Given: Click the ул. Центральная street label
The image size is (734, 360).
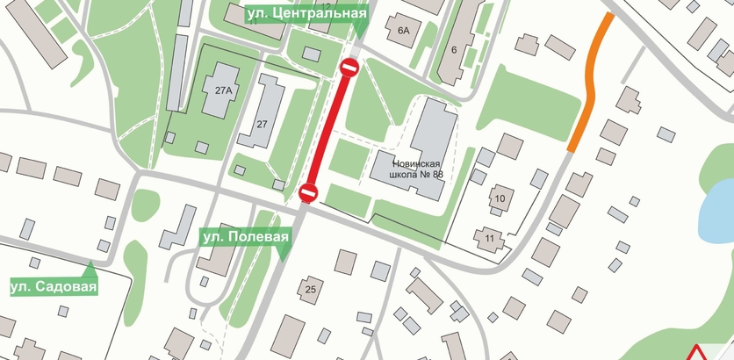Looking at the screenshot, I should point(305,14).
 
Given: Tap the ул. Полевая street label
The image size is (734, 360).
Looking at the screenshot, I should point(244,237).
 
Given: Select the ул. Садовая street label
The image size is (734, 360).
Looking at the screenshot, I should point(53,286).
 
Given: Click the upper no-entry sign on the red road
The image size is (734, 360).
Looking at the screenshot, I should point(349,68).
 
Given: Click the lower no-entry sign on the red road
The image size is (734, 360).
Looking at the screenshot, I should point(307,191).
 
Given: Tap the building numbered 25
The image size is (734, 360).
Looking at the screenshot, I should point(309,288).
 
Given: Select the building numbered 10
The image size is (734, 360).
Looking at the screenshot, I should point(500,198).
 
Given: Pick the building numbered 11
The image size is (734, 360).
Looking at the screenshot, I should point(489,237).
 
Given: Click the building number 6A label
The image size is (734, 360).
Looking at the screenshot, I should point(404,31).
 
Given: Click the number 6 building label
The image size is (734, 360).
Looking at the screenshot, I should point(454,49).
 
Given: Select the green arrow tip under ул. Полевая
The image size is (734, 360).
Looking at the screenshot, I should point(283,256).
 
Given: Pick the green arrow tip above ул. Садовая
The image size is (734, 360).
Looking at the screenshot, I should point(91,266).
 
